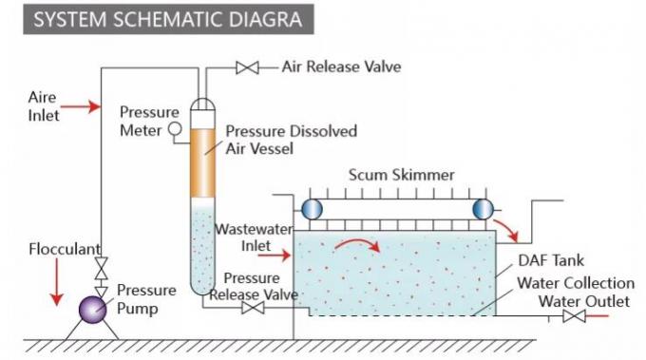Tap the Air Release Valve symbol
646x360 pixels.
247,67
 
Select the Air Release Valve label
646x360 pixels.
341,67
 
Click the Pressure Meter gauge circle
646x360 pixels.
175,128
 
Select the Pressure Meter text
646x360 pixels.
142,121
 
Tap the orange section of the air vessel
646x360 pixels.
202,161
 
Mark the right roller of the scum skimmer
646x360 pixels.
483,209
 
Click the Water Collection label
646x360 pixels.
576,283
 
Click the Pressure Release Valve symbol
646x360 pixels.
252,309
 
